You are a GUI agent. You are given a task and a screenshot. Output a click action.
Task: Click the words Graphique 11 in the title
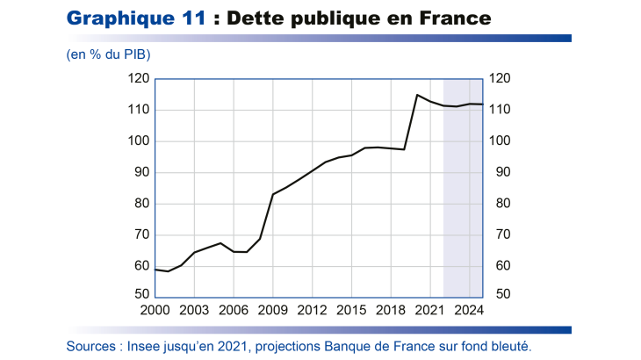[x=137, y=18]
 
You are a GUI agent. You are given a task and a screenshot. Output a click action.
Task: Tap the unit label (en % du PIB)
[x=108, y=54]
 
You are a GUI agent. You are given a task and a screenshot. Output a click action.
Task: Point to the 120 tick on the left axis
[x=136, y=79]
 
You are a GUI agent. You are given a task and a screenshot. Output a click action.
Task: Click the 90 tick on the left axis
[x=140, y=172]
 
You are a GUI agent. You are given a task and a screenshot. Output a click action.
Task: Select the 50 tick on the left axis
[x=140, y=297]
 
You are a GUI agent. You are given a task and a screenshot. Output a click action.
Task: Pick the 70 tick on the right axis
[x=498, y=234]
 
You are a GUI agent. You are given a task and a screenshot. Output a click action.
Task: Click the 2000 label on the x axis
[x=155, y=311]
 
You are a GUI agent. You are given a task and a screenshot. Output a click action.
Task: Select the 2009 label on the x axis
[x=273, y=311]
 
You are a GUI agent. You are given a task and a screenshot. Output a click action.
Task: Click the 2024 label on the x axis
[x=470, y=311]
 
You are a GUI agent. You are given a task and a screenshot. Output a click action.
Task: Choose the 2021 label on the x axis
[x=430, y=311]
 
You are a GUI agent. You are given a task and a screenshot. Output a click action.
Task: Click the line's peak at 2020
[x=417, y=95]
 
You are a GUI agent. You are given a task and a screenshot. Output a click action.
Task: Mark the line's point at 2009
[x=273, y=194]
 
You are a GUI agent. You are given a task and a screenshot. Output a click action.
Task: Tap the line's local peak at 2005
[x=220, y=243]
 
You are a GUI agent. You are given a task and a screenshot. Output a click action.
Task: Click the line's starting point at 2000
[x=155, y=270]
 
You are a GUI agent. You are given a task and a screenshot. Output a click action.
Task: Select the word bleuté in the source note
[x=510, y=346]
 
